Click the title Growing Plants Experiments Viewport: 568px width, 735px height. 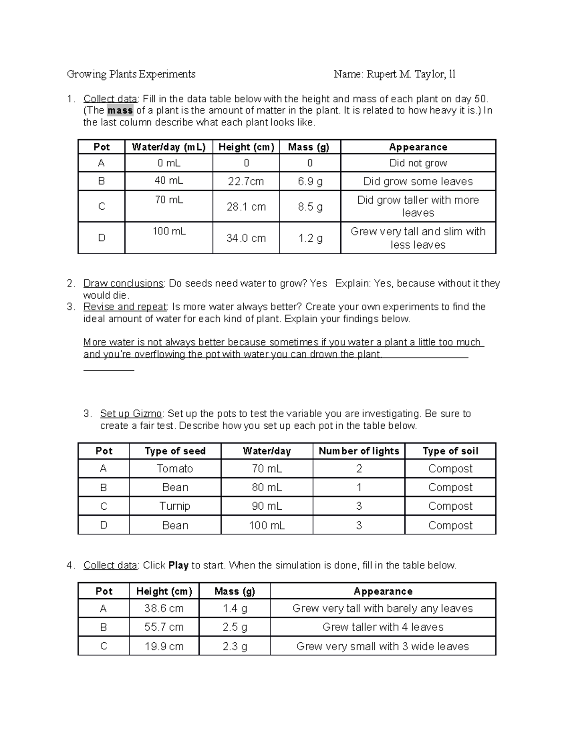(x=131, y=74)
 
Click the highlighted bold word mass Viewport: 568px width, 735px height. (x=120, y=111)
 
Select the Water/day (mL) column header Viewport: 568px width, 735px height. (x=169, y=147)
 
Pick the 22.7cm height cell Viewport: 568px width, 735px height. (x=246, y=182)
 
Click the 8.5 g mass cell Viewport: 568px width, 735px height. (x=310, y=207)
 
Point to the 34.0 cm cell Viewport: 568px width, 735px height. (x=246, y=239)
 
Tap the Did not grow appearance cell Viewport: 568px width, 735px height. (x=418, y=163)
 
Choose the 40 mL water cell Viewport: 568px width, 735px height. (x=169, y=181)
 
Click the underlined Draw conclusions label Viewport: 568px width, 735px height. (x=123, y=283)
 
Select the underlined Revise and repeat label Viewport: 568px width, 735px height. (x=125, y=307)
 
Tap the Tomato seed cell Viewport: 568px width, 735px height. (x=175, y=469)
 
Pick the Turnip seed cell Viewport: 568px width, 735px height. (x=175, y=506)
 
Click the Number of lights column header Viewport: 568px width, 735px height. (x=359, y=451)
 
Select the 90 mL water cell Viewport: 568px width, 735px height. (x=266, y=506)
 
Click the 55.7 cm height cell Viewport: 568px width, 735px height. (x=164, y=628)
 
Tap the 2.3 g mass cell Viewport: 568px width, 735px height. (x=235, y=646)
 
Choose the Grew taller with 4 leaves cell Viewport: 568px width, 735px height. (x=383, y=628)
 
